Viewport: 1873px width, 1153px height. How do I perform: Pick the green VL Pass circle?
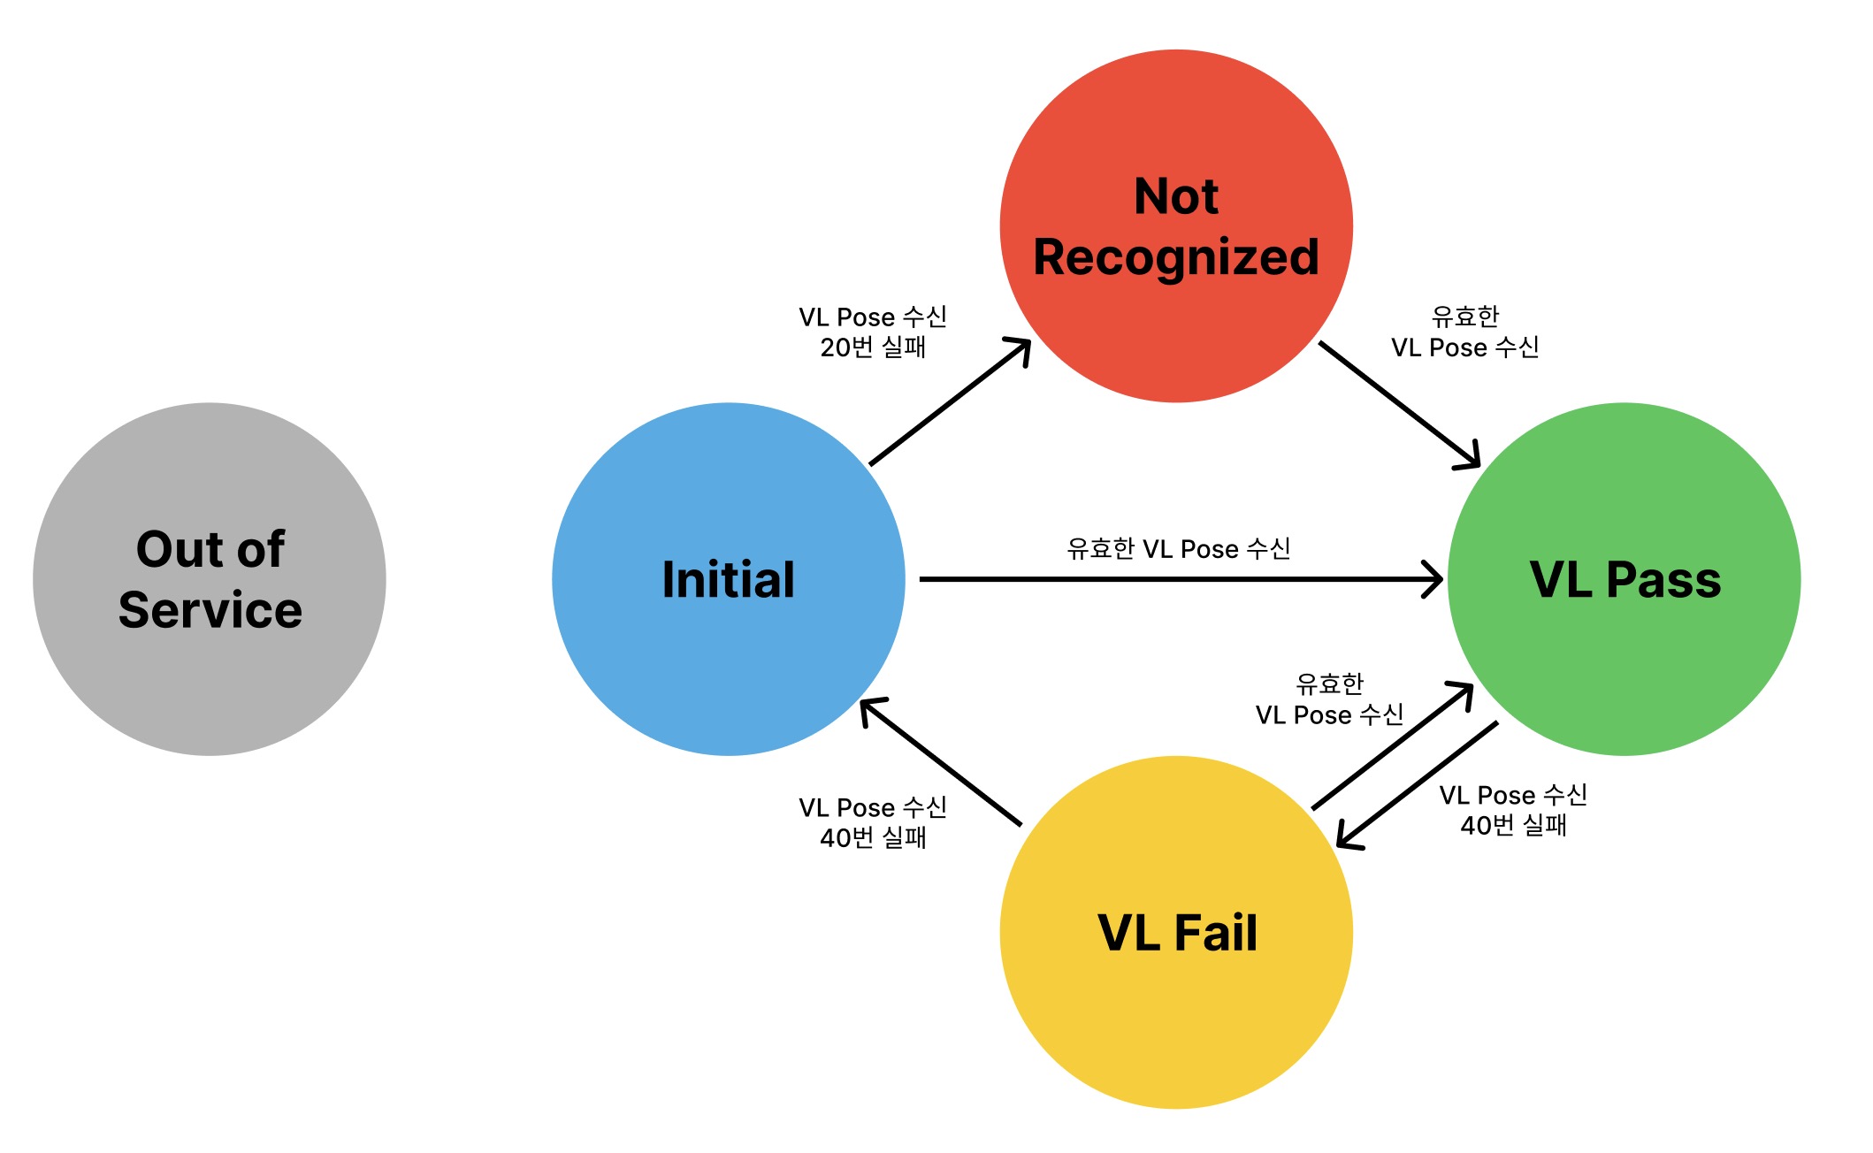1625,672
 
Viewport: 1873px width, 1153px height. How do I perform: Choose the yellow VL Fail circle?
1176,1026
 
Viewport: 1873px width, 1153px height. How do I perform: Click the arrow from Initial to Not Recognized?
951,401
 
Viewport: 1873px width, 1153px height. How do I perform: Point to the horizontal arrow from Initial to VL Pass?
1181,579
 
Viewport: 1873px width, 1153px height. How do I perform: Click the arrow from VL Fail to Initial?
941,762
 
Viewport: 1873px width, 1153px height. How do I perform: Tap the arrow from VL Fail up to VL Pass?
1393,746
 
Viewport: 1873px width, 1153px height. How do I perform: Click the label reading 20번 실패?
873,347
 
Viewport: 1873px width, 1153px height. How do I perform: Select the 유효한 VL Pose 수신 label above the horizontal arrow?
1179,549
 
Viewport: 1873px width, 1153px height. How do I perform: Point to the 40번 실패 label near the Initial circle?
873,837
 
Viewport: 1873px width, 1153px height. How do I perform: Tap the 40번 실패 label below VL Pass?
1513,825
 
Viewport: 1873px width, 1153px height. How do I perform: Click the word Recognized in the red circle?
1176,257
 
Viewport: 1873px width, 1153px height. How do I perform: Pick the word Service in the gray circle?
210,610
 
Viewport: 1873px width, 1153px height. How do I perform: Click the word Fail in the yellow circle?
1216,933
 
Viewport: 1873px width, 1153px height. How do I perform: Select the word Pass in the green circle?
1663,580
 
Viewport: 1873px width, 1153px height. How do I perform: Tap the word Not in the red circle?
1176,196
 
